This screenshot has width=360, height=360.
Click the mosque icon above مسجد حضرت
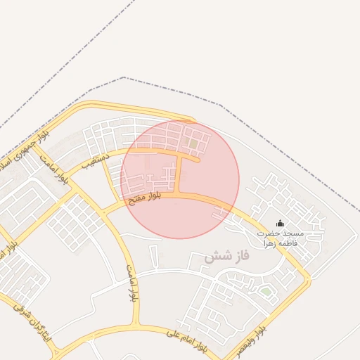pos(281,224)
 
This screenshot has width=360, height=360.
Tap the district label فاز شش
pos(227,257)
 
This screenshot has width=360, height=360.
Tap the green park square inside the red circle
pos(193,144)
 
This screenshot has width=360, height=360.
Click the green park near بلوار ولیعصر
pos(266,291)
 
